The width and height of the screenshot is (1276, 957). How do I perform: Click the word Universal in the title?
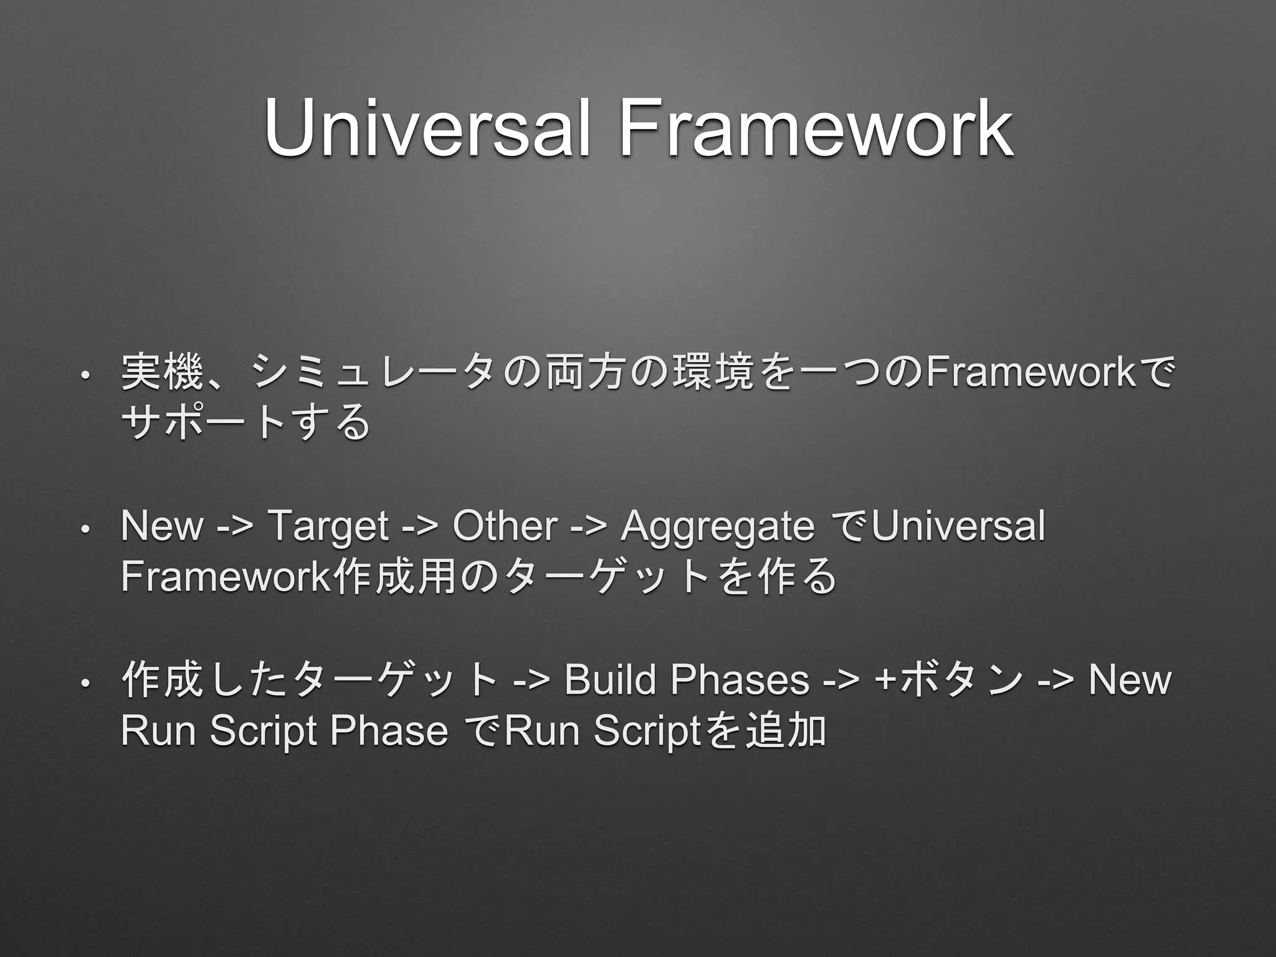426,129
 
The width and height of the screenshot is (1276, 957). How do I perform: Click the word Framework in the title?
816,129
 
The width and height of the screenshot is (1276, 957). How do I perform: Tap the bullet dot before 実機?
84,376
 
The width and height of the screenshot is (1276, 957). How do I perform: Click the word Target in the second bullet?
328,526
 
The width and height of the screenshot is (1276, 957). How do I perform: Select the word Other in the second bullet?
505,526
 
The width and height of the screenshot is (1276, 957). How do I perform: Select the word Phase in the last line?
389,731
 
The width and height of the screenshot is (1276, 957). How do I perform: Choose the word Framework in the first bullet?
1031,373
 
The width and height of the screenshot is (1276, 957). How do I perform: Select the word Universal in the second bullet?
958,526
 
